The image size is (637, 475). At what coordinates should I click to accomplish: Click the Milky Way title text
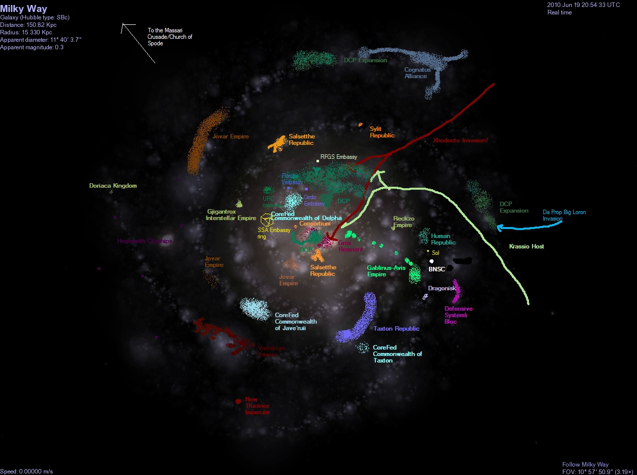click(x=24, y=9)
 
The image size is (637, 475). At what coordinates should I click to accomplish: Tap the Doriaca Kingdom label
click(x=113, y=186)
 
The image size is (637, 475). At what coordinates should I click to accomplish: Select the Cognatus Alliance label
click(x=417, y=73)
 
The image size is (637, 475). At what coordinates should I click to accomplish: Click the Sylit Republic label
click(x=382, y=132)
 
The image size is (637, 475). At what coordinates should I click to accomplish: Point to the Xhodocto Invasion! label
click(x=460, y=140)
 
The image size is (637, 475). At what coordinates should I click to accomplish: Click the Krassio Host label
click(x=527, y=246)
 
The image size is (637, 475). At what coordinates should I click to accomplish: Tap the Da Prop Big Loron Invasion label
click(x=564, y=215)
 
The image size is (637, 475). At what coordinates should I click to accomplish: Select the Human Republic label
click(x=443, y=239)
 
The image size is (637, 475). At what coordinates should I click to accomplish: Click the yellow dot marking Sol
click(x=428, y=251)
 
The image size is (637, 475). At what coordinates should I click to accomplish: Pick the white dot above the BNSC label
click(x=431, y=261)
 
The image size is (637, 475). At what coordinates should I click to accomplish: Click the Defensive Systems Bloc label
click(x=458, y=315)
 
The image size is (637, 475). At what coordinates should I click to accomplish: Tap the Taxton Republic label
click(x=397, y=329)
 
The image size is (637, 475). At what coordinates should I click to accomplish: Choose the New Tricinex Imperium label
click(x=257, y=406)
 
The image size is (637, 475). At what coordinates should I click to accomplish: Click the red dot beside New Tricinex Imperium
click(x=238, y=401)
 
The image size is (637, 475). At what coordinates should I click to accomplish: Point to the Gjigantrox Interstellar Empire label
click(x=230, y=215)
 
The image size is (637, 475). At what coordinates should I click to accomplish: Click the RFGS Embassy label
click(x=338, y=157)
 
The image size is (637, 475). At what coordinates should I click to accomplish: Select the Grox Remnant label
click(x=350, y=246)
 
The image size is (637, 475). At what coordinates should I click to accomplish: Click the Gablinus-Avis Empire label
click(x=386, y=271)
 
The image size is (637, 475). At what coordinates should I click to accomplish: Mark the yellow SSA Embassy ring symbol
click(x=267, y=219)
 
